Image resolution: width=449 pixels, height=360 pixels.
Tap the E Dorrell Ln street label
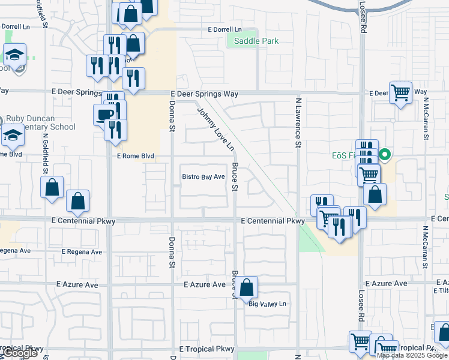pos(224,29)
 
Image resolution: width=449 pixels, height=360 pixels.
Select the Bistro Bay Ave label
pos(203,176)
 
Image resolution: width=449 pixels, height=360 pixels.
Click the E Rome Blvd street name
pos(135,156)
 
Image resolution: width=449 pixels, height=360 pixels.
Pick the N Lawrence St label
pos(297,123)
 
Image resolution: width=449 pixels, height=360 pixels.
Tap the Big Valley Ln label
pos(268,304)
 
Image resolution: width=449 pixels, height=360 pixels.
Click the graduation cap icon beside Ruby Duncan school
pos(13,136)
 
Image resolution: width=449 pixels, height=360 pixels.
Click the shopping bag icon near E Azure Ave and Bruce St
pos(246,287)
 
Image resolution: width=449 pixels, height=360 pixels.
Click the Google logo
pos(20,353)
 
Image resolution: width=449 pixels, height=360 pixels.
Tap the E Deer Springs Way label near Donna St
pos(205,94)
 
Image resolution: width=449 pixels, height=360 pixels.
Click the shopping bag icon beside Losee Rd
pos(375,194)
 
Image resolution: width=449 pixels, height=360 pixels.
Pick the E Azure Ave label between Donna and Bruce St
pos(204,284)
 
